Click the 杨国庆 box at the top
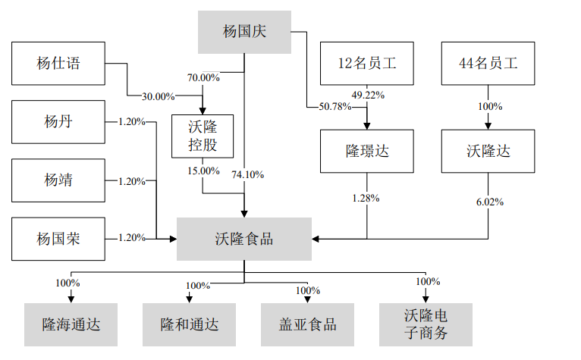point(244,32)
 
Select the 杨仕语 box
point(58,64)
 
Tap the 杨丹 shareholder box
point(58,121)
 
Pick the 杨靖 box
point(58,180)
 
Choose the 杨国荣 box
point(58,239)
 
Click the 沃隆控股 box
point(203,136)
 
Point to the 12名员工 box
point(367,64)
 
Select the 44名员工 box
point(489,64)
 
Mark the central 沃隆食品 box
point(244,239)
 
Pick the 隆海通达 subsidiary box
point(71,324)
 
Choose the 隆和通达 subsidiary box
point(190,324)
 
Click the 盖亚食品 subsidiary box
point(308,324)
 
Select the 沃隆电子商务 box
point(426,324)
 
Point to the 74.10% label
point(248,174)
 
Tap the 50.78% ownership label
point(335,106)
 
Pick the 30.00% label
point(158,96)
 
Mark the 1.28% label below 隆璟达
point(366,198)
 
